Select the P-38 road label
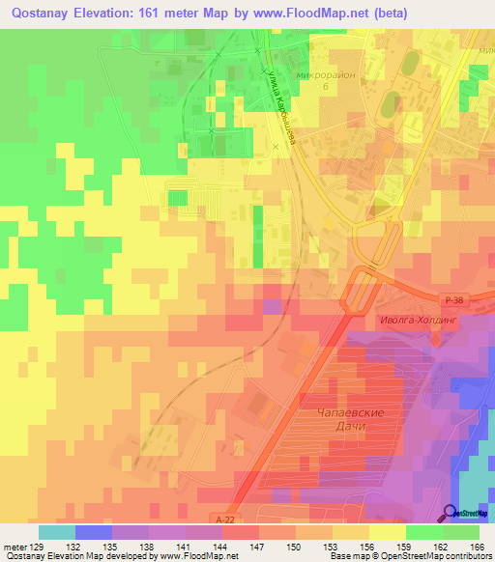(x=456, y=300)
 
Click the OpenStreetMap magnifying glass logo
(x=451, y=513)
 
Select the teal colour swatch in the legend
(x=57, y=532)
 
